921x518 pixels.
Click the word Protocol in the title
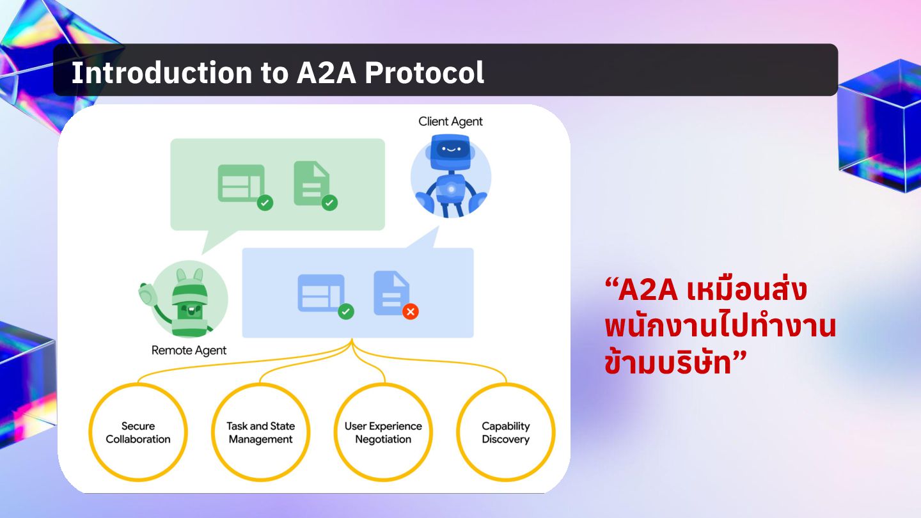(424, 73)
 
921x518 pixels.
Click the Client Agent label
(450, 122)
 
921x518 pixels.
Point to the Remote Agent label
(189, 350)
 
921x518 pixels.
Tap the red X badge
(411, 311)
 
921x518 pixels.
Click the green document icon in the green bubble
(311, 183)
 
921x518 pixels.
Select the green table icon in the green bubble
(240, 183)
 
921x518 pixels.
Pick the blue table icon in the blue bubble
(320, 292)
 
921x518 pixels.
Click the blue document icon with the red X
(391, 292)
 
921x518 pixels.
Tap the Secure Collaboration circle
(138, 433)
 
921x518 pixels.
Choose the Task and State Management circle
(260, 433)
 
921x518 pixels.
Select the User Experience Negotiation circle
(383, 433)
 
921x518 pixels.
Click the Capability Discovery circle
(505, 433)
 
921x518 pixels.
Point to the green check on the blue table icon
(346, 311)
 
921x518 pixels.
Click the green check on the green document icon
(329, 203)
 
